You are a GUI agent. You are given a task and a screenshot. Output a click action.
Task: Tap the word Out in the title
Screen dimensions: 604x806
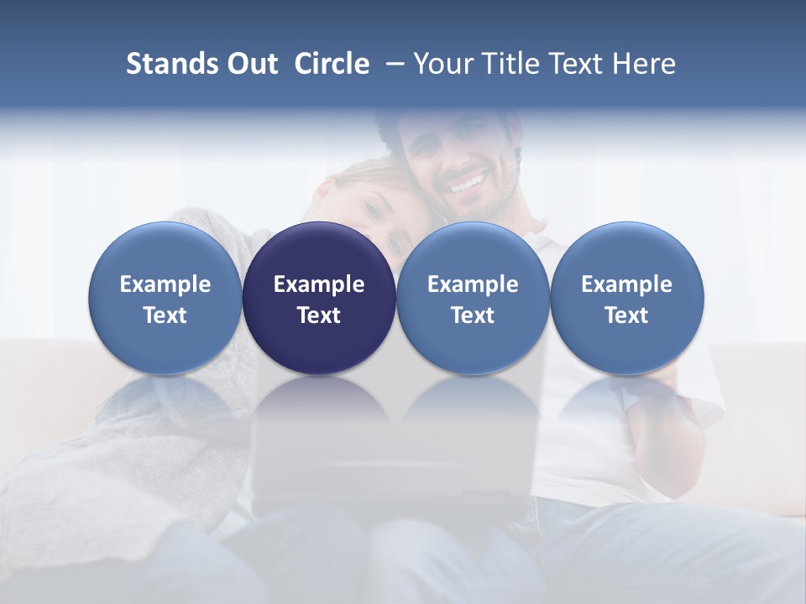pos(249,64)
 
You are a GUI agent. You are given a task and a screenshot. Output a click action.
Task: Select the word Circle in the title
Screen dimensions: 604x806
pos(332,64)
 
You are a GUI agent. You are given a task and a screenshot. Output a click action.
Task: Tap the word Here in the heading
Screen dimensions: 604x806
pos(646,64)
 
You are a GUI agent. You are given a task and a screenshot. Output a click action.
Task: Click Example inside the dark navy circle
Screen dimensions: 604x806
pos(319,284)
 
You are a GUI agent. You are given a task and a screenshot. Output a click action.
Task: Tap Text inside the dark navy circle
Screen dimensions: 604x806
pos(319,315)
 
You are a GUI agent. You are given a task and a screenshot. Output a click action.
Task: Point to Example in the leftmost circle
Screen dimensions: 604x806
pos(165,284)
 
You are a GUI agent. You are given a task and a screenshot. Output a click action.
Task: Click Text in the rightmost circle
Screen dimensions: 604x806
pos(627,315)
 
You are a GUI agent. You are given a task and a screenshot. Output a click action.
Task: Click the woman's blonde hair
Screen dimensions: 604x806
pos(369,176)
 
